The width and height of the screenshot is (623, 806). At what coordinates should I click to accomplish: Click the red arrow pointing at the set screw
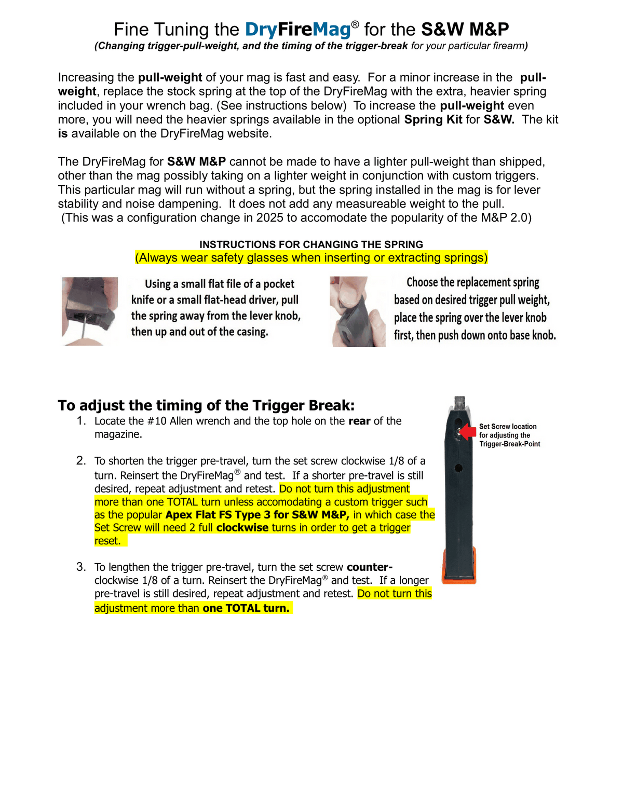pyautogui.click(x=468, y=432)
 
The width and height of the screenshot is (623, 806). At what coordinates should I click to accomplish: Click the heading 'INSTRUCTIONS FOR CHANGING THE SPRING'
pyautogui.click(x=311, y=244)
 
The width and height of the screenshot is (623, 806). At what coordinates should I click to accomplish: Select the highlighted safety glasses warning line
pyautogui.click(x=311, y=257)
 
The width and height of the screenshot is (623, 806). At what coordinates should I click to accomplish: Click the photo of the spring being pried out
pyautogui.click(x=90, y=311)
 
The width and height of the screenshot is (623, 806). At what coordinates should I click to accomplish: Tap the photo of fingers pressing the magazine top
pyautogui.click(x=358, y=311)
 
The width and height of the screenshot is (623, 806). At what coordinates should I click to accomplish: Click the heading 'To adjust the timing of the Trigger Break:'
pyautogui.click(x=206, y=405)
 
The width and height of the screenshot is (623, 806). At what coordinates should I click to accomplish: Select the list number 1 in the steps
pyautogui.click(x=82, y=421)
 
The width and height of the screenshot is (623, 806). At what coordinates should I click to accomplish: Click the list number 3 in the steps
pyautogui.click(x=82, y=567)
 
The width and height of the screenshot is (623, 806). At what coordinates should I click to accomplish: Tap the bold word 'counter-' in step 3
pyautogui.click(x=370, y=567)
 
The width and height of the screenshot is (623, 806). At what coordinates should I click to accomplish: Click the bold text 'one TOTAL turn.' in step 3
pyautogui.click(x=246, y=608)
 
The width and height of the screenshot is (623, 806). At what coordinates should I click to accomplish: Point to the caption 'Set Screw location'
pyautogui.click(x=508, y=427)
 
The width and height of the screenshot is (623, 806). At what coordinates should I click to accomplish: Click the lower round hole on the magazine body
pyautogui.click(x=458, y=469)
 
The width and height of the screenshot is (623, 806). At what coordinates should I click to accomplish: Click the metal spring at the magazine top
pyautogui.click(x=460, y=403)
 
